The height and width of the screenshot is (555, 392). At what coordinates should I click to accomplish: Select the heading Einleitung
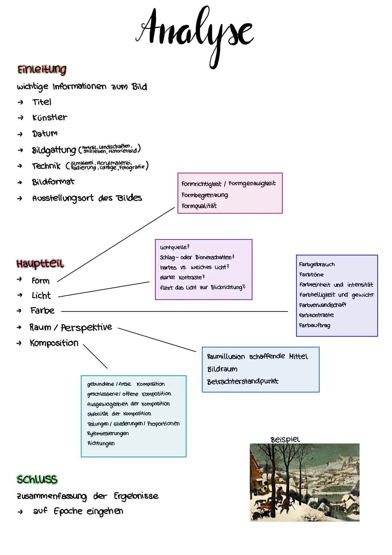coord(42,69)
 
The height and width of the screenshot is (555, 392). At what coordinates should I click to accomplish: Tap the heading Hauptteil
coord(40,264)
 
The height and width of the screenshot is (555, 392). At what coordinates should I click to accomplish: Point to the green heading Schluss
coord(37,479)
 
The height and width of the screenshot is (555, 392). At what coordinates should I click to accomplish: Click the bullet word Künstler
coord(50,117)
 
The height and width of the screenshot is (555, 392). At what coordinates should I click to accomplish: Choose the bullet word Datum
coord(45,133)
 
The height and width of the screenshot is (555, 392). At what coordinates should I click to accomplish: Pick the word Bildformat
coord(53,182)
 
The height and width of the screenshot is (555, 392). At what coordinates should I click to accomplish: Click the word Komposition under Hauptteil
coord(54,343)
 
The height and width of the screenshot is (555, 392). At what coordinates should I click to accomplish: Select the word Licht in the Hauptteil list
coord(41,295)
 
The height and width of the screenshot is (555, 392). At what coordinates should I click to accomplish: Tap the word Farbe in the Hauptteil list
coord(42,311)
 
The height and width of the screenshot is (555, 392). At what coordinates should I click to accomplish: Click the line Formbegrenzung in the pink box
coord(205,195)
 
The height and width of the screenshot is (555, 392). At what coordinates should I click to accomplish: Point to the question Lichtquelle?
coord(175,247)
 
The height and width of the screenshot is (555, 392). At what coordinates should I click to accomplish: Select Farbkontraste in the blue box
coord(316,315)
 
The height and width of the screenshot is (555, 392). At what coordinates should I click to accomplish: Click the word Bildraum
coord(222,369)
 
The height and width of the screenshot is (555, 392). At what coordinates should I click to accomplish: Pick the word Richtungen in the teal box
coord(101,443)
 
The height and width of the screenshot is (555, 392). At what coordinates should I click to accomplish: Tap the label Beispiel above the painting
coord(285,439)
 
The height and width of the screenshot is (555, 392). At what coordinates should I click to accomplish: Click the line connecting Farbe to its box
coord(174,311)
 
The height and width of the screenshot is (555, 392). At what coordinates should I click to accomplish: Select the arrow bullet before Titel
coord(20,102)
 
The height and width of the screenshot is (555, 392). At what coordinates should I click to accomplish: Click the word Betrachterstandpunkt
coord(242,382)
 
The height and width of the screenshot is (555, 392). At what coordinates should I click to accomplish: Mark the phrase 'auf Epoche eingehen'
coord(78,511)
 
